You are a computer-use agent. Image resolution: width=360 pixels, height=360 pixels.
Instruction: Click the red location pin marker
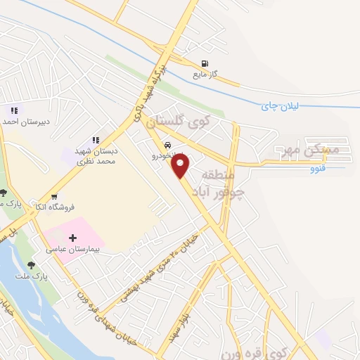point(181,166)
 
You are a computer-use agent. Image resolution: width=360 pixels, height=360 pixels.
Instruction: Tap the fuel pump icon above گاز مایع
point(205,62)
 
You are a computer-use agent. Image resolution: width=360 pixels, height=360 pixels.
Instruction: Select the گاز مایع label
point(205,73)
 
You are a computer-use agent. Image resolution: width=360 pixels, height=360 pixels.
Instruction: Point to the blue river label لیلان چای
point(281,105)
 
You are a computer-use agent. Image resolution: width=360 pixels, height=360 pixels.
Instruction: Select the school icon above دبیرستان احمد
point(14,110)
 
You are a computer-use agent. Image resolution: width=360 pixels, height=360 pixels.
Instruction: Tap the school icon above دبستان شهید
point(96,140)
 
